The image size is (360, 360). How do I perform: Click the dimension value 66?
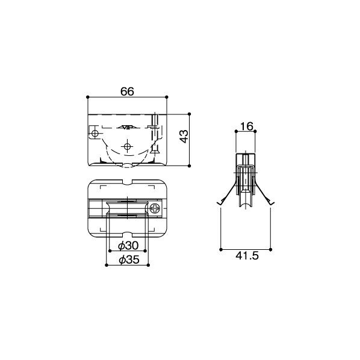(x=127, y=92)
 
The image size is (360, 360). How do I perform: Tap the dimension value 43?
(x=184, y=137)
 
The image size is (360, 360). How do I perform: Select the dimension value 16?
(x=246, y=126)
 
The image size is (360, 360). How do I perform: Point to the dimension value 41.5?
(x=247, y=255)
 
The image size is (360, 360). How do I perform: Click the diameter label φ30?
(x=128, y=246)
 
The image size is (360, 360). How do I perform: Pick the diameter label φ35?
(x=129, y=259)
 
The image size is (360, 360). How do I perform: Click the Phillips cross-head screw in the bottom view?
(x=155, y=209)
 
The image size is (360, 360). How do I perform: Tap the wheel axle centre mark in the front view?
(x=127, y=146)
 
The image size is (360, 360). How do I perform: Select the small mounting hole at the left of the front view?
(x=95, y=133)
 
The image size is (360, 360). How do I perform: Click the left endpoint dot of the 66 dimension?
(x=87, y=97)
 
